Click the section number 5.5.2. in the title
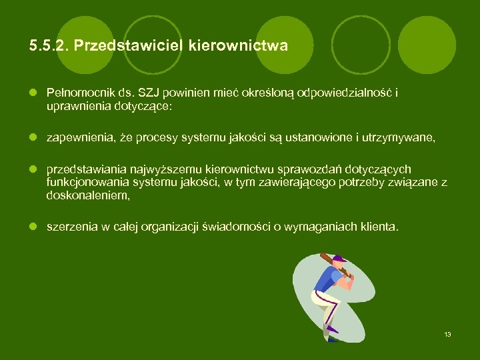[x=49, y=46]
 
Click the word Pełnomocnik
[x=75, y=93]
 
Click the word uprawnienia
[x=74, y=105]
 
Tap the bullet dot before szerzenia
[x=31, y=227]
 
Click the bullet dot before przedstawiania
[x=31, y=170]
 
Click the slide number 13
[x=447, y=334]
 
